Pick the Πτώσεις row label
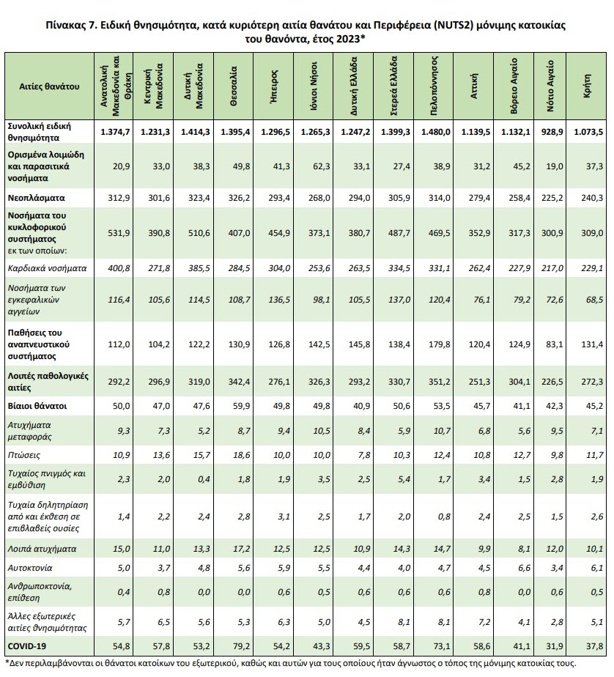(26, 455)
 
